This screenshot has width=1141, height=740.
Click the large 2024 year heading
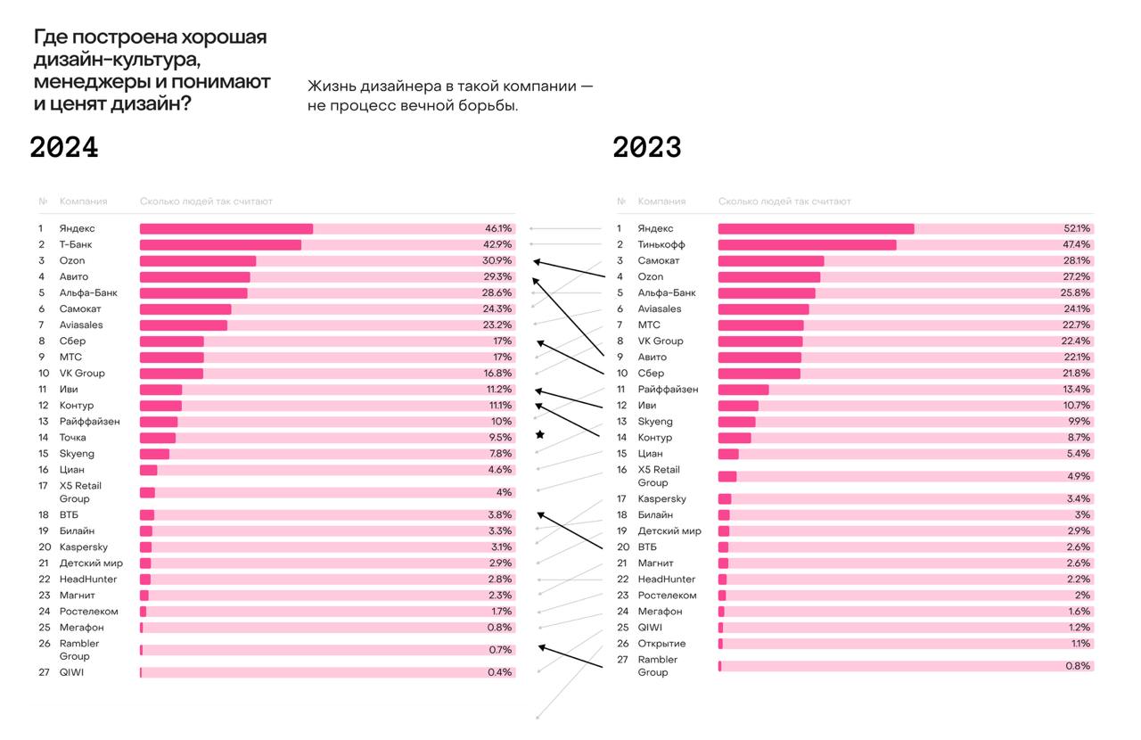point(64,147)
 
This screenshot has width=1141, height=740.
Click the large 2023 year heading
point(646,147)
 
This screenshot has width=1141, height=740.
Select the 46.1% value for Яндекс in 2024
point(497,228)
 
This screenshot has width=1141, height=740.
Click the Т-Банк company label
point(76,244)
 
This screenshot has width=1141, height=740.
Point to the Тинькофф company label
point(661,244)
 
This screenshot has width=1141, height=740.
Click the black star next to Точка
point(539,435)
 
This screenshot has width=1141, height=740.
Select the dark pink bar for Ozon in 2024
point(198,260)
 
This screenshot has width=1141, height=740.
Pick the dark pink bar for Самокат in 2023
point(770,260)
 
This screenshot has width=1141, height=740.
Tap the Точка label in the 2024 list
point(73,437)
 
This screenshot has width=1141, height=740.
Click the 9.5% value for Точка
point(500,437)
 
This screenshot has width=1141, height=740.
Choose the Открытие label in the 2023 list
point(661,643)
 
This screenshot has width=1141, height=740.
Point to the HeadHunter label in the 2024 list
point(88,579)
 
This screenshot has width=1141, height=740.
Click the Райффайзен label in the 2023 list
point(668,389)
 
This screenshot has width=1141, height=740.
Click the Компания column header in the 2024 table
point(83,201)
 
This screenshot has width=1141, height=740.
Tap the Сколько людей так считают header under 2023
point(784,201)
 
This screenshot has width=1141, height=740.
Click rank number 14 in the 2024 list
point(43,437)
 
